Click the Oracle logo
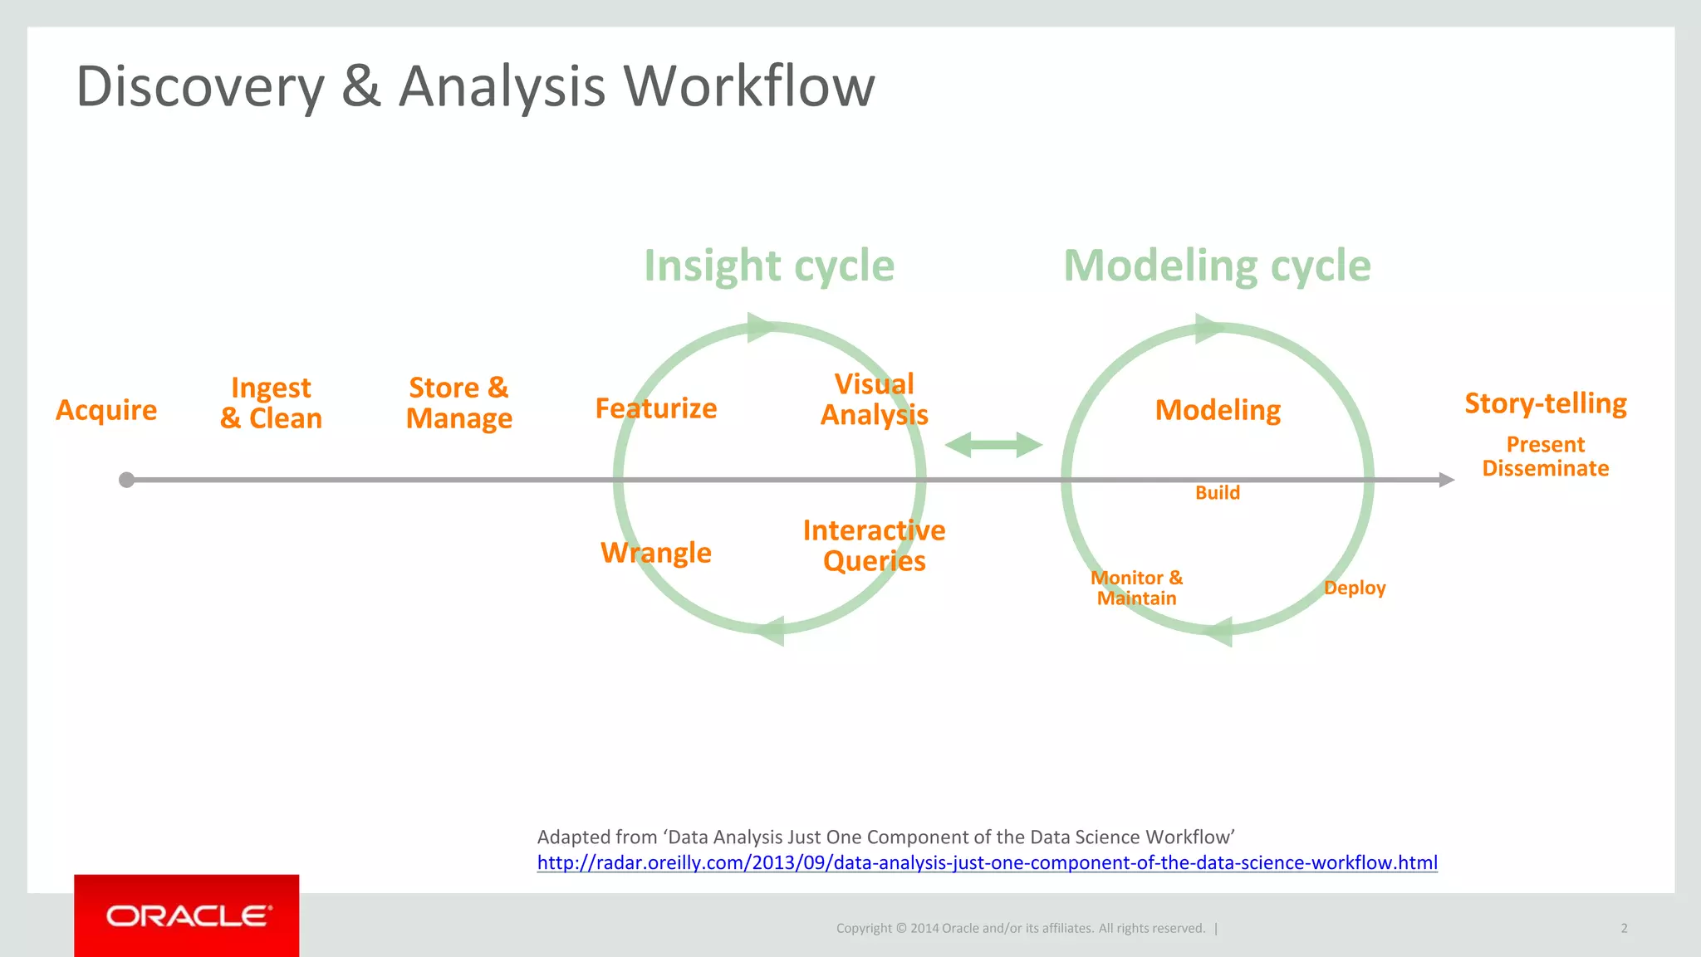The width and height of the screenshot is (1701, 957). pyautogui.click(x=187, y=915)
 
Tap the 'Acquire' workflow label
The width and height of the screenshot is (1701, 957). pyautogui.click(x=106, y=410)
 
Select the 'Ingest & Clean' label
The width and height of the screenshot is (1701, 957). pyautogui.click(x=271, y=403)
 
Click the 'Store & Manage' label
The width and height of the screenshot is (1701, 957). pyautogui.click(x=458, y=403)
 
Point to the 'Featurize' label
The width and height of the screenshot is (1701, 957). pyautogui.click(x=656, y=408)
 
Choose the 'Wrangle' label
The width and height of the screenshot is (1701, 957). pyautogui.click(x=656, y=553)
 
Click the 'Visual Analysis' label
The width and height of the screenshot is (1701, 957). pyautogui.click(x=874, y=399)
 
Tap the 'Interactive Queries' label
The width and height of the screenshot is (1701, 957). pyautogui.click(x=874, y=545)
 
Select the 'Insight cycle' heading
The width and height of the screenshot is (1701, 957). pyautogui.click(x=769, y=266)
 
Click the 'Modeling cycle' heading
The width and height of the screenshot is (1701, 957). pyautogui.click(x=1217, y=266)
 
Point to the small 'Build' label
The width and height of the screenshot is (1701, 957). pyautogui.click(x=1218, y=493)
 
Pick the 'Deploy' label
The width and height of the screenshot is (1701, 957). pyautogui.click(x=1355, y=588)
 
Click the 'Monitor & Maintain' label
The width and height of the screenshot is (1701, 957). pyautogui.click(x=1136, y=588)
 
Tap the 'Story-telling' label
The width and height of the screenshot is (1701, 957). pyautogui.click(x=1546, y=403)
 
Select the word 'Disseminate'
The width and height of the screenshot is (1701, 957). pyautogui.click(x=1546, y=469)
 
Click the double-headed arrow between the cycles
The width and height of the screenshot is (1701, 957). pyautogui.click(x=993, y=445)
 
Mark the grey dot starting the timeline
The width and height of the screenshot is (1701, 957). pyautogui.click(x=126, y=480)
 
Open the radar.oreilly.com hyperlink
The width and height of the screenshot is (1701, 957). pyautogui.click(x=987, y=862)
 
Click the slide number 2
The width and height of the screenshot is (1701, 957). pyautogui.click(x=1624, y=928)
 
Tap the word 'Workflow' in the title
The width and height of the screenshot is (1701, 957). pyautogui.click(x=749, y=86)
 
